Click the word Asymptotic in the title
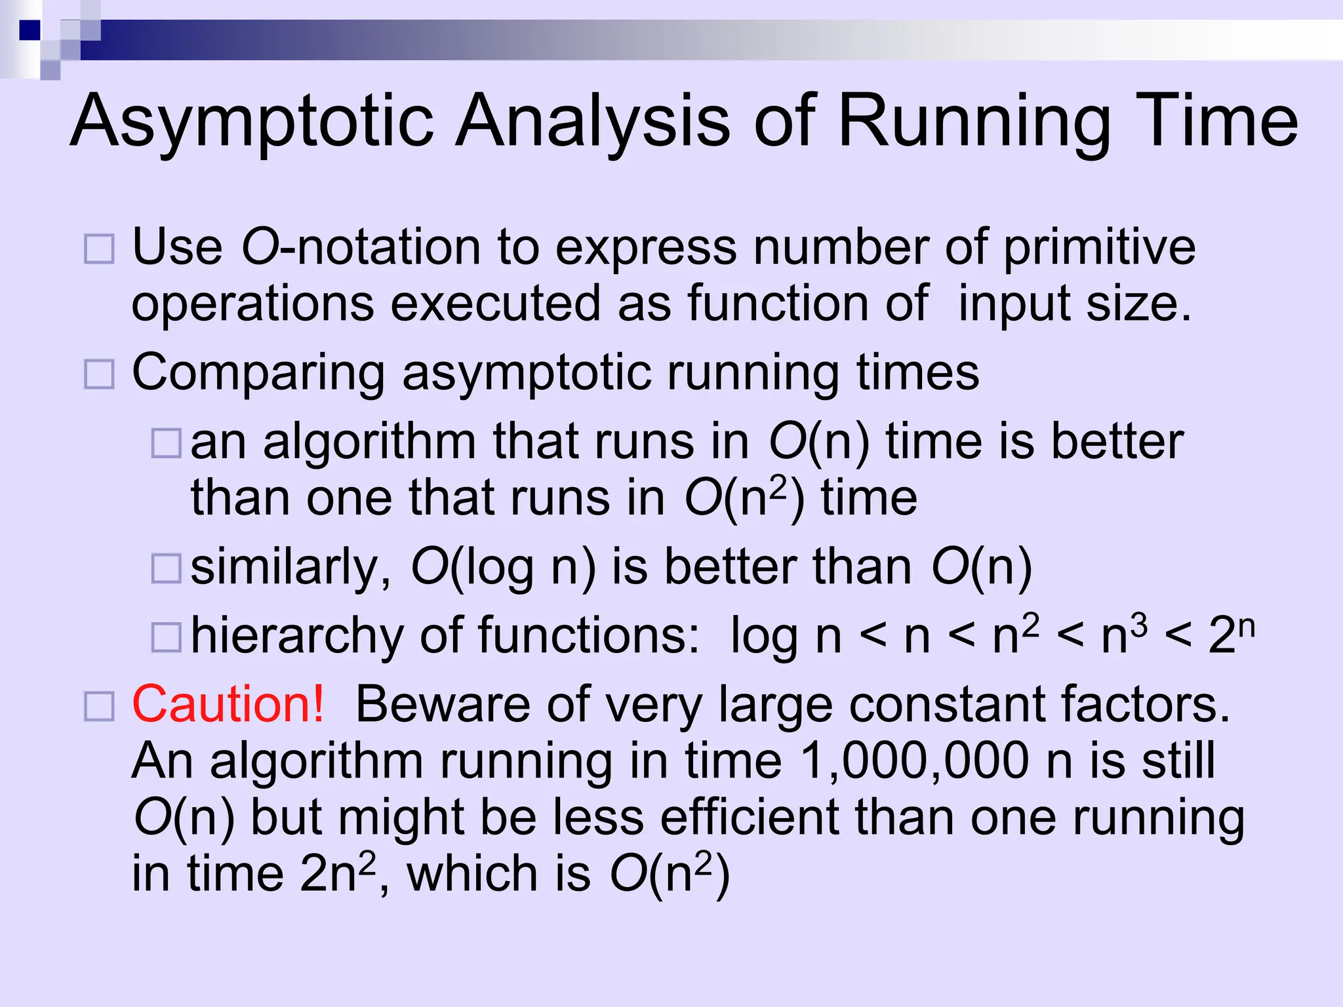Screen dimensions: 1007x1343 [x=252, y=122]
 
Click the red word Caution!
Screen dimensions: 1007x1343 [x=228, y=704]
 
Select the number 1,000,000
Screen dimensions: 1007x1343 [x=915, y=761]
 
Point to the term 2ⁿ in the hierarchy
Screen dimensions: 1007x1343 [x=1232, y=634]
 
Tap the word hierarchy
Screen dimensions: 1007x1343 [x=297, y=636]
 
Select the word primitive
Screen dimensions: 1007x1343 [x=1100, y=248]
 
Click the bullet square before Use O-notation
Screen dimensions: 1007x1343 [x=100, y=250]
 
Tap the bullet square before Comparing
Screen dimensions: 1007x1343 [x=100, y=374]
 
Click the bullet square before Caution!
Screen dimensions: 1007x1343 [x=100, y=707]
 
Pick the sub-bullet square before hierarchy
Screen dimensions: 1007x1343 [x=167, y=637]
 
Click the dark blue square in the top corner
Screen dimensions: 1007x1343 [x=30, y=30]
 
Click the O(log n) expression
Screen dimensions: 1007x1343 [x=503, y=568]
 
